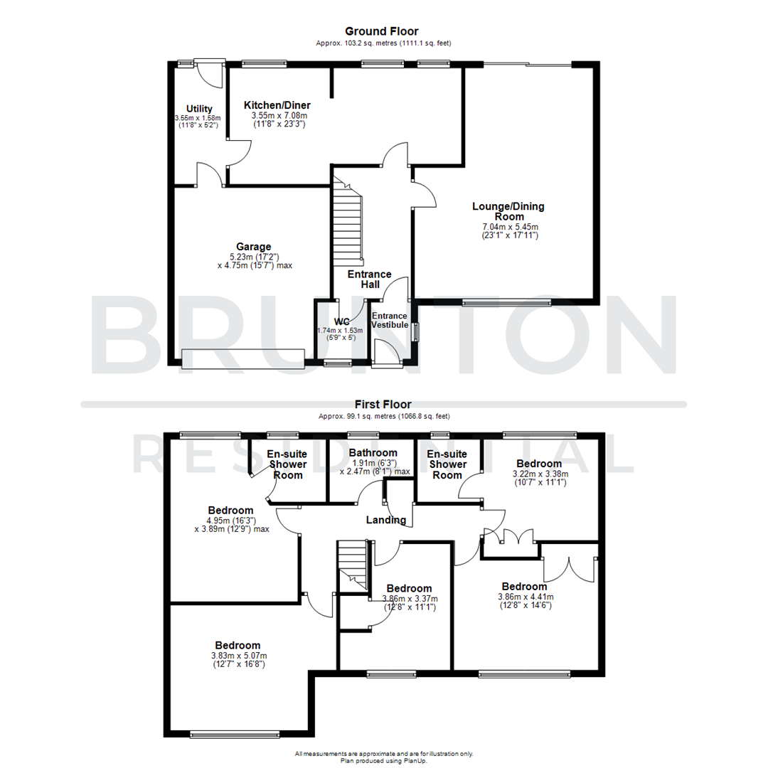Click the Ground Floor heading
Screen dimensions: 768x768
(381, 31)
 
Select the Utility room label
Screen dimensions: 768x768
(199, 109)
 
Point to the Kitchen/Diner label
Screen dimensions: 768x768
(281, 105)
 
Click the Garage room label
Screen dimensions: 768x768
(255, 247)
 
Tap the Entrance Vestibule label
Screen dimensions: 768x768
(390, 320)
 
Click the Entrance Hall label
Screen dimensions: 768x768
(369, 279)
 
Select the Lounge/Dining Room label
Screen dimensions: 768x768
(508, 212)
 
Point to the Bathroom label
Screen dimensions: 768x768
(373, 453)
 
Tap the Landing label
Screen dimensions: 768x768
(385, 520)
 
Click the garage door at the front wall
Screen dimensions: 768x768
(243, 359)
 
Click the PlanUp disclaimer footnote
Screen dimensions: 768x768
(384, 757)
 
